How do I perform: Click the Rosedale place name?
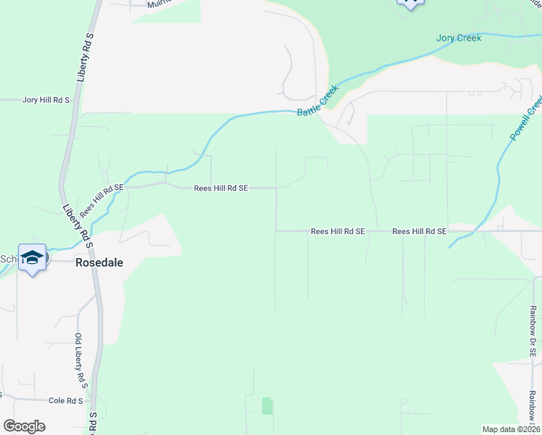[99, 263]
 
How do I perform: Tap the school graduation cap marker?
[33, 259]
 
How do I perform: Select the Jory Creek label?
[459, 38]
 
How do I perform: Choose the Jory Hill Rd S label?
[46, 100]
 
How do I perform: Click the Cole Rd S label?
[67, 400]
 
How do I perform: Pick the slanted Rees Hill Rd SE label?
[101, 200]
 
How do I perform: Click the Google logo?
[24, 426]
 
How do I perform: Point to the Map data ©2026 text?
[511, 429]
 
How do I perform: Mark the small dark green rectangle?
[266, 405]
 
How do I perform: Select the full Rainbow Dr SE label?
[533, 331]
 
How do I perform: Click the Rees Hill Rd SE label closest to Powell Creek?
[420, 231]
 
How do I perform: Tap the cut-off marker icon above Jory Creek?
[410, 4]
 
